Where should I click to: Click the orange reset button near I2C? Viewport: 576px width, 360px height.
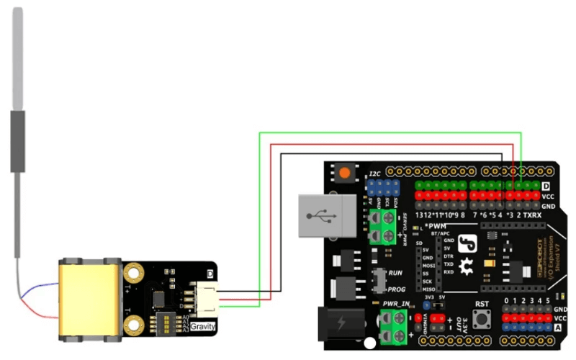click(345, 174)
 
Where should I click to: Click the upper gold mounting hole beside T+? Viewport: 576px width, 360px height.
click(133, 271)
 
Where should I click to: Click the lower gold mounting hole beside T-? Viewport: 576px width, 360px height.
click(133, 327)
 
